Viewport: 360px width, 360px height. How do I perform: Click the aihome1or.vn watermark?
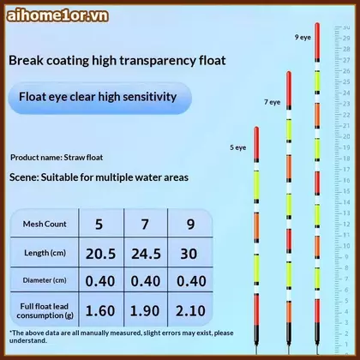[57, 15]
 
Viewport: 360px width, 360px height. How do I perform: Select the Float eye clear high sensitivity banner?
[100, 98]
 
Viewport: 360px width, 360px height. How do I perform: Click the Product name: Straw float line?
[57, 158]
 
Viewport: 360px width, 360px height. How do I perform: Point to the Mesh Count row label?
[45, 224]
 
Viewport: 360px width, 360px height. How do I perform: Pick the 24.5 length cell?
[146, 254]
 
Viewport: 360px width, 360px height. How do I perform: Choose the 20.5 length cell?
[100, 254]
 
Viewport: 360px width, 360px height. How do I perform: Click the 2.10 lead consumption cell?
[190, 311]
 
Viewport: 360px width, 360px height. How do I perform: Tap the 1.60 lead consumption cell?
[100, 311]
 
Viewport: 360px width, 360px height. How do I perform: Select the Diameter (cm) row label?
[45, 280]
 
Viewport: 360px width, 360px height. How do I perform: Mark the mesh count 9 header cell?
[190, 225]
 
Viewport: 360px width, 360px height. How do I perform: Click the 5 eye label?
[238, 147]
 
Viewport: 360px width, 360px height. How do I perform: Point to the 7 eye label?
[273, 102]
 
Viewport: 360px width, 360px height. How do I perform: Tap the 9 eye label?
[303, 37]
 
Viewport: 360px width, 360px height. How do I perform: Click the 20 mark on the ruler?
[346, 136]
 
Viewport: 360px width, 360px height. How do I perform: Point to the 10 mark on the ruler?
[346, 246]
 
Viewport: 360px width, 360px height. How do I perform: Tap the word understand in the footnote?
[27, 340]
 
